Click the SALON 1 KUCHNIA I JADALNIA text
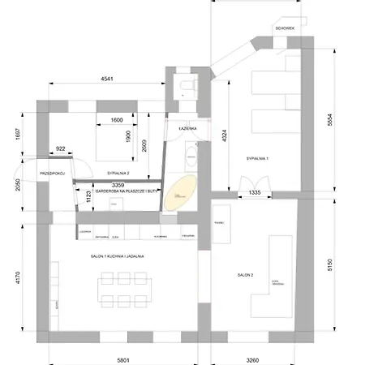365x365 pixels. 118,255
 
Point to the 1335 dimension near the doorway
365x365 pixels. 255,192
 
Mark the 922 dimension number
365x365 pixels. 60,148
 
